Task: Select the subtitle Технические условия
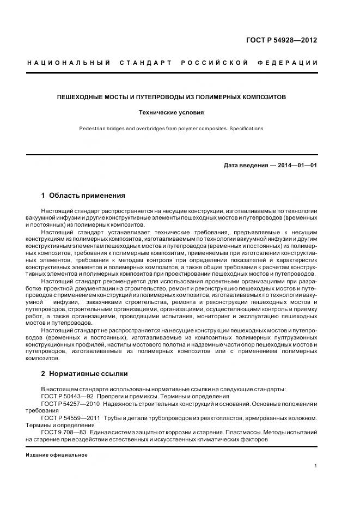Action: click(x=172, y=113)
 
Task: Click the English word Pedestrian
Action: click(x=94, y=129)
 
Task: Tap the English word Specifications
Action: click(x=246, y=129)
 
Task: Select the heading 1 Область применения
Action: click(x=83, y=195)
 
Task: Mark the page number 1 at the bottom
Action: click(x=316, y=466)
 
